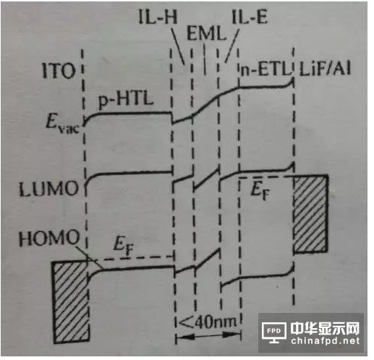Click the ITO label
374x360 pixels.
(x=58, y=71)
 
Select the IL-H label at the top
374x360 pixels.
(x=158, y=17)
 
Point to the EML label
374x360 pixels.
(x=207, y=33)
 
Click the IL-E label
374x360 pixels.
(x=250, y=17)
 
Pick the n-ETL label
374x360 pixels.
(x=265, y=70)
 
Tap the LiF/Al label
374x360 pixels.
(x=325, y=69)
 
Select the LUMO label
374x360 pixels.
(x=48, y=188)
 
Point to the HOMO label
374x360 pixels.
(x=49, y=238)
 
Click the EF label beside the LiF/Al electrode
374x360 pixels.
(x=260, y=191)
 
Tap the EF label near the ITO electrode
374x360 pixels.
(x=123, y=246)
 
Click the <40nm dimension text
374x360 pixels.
(x=208, y=322)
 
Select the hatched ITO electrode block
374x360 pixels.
(x=71, y=301)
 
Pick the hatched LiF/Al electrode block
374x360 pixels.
(x=311, y=214)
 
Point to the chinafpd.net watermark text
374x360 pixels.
(x=326, y=341)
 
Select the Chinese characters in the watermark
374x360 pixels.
(x=326, y=328)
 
